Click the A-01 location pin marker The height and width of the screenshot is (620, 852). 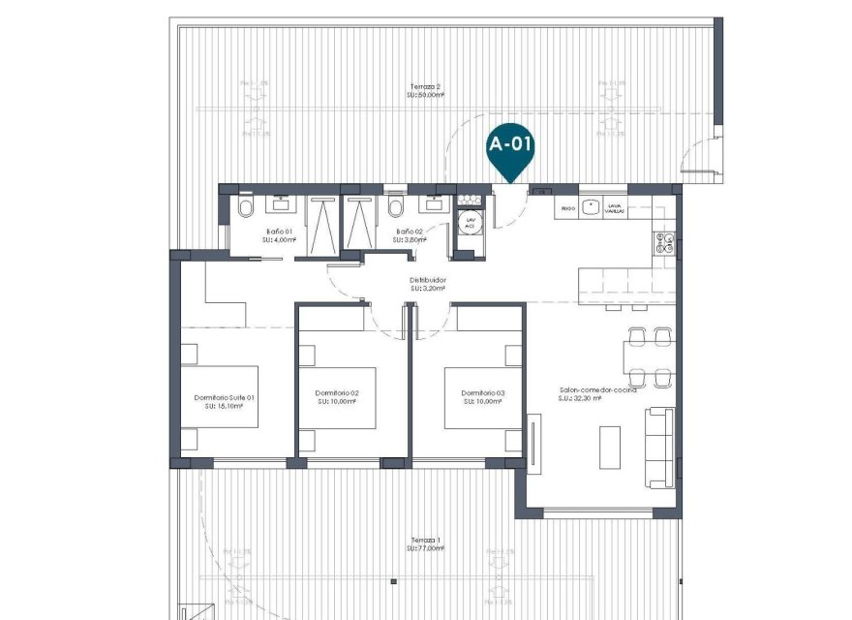(510, 148)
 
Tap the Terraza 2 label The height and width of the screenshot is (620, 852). (425, 87)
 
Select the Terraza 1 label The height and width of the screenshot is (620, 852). (426, 540)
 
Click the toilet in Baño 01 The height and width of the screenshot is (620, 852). (244, 209)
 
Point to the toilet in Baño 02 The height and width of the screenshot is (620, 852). (394, 208)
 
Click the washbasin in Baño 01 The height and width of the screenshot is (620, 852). (283, 202)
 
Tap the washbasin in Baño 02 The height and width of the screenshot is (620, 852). (433, 202)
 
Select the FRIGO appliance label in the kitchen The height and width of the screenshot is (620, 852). (568, 208)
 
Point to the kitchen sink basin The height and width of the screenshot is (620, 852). (590, 207)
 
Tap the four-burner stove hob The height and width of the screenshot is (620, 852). (664, 243)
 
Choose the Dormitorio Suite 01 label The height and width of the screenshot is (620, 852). (224, 397)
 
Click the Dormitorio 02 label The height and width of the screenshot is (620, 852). (338, 393)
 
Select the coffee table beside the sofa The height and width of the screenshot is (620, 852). (610, 447)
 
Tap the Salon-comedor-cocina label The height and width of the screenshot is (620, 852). (596, 393)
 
